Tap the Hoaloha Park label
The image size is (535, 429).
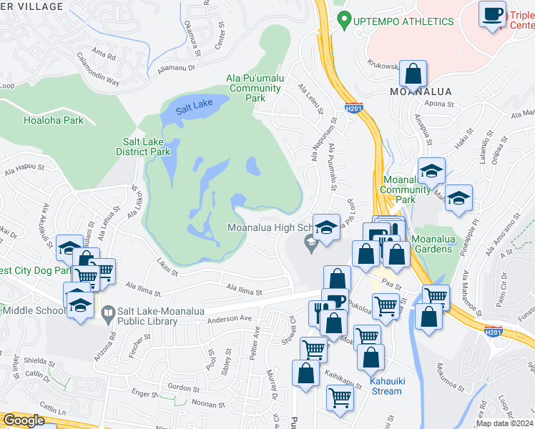pyautogui.click(x=54, y=120)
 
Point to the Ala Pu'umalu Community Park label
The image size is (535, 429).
pyautogui.click(x=255, y=88)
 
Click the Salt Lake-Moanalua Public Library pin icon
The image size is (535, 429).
pyautogui.click(x=107, y=312)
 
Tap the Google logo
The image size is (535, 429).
pyautogui.click(x=24, y=420)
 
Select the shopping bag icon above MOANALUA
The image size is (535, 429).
pyautogui.click(x=413, y=73)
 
